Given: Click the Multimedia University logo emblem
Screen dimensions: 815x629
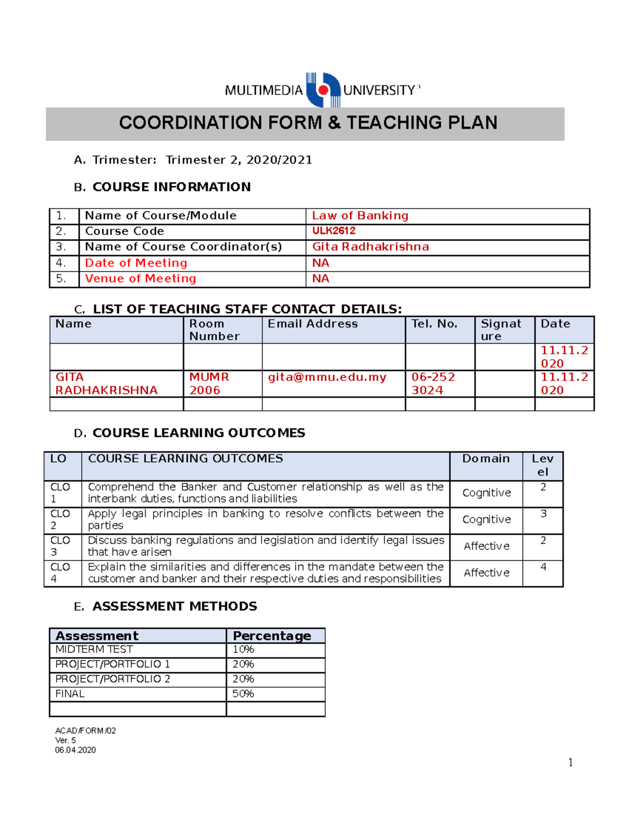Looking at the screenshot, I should point(323,90).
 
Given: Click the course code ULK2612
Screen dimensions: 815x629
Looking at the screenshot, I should point(334,231).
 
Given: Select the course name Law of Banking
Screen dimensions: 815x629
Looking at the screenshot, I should point(360,216).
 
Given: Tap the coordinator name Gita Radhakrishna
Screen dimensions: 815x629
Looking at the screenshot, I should point(371,247).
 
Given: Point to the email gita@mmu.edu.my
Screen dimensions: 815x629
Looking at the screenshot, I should point(327,377).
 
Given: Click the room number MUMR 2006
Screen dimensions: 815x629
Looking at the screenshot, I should point(209,384).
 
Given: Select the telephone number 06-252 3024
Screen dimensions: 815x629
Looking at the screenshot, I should point(433,384).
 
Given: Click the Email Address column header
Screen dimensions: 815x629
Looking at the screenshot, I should point(313,324).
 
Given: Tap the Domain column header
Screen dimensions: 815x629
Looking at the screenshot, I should point(486,459).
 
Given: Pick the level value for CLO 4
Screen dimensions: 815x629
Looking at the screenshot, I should point(543,567).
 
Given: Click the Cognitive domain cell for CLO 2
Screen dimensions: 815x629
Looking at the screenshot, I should point(486,520).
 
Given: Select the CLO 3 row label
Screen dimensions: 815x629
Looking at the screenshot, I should point(60,546).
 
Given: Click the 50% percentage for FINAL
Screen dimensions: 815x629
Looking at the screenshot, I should point(243,694).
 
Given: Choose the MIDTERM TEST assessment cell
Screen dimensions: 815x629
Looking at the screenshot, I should point(94,650).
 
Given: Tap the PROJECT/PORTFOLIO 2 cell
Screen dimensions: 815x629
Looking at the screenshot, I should point(113,679).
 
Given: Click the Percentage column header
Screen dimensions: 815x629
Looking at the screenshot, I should point(272,636).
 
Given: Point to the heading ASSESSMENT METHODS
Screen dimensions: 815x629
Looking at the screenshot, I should point(175,607).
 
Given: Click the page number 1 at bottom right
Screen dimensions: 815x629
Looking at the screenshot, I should point(570,763).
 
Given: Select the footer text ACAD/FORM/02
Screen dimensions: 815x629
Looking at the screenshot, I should point(85,731).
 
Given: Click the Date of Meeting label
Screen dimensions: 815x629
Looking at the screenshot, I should point(136,263).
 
